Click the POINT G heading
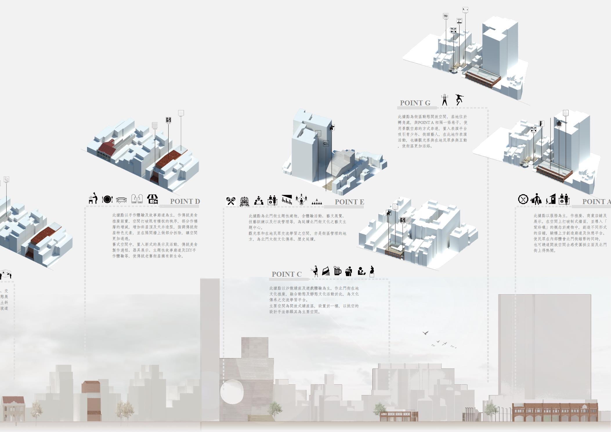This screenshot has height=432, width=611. (415, 103)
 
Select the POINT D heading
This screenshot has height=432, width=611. (185, 201)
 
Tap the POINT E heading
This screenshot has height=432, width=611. (349, 202)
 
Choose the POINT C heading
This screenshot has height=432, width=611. (286, 274)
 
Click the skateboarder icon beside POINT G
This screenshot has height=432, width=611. (459, 99)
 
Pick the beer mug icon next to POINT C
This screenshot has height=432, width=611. (337, 271)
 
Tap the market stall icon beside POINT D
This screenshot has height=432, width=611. (152, 199)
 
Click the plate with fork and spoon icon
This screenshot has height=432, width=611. (107, 199)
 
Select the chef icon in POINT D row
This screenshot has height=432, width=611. (93, 198)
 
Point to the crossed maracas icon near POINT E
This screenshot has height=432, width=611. (231, 201)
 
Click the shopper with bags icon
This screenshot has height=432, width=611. (536, 199)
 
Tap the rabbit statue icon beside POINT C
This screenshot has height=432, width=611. (372, 271)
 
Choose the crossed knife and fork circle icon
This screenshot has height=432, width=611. (523, 199)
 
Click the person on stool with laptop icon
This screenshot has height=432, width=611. (314, 271)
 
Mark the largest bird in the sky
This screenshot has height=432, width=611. (426, 333)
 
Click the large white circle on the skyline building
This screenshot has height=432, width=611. (232, 392)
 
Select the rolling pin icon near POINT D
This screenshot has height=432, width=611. (121, 200)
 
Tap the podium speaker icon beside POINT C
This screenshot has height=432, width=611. (348, 271)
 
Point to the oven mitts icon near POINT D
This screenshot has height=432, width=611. (137, 199)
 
